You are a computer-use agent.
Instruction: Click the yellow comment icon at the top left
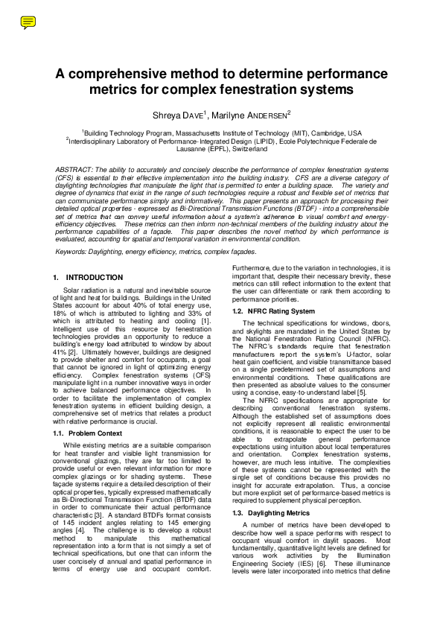click(x=28, y=22)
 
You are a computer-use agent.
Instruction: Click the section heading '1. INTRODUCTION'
click(x=88, y=277)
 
